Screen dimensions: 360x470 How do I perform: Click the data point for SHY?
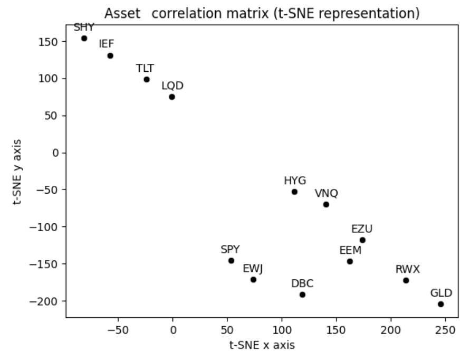click(x=84, y=39)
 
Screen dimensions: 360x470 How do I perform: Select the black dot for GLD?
click(x=440, y=304)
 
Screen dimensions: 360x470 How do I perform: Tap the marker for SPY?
click(x=231, y=261)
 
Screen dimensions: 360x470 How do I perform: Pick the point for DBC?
click(x=302, y=295)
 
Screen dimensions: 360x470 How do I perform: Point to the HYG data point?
click(x=294, y=192)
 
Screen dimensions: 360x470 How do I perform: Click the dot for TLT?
click(x=147, y=80)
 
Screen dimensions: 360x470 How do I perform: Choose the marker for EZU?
click(x=362, y=240)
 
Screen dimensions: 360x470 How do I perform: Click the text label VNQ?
click(x=326, y=193)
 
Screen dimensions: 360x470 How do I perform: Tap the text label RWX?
click(x=408, y=269)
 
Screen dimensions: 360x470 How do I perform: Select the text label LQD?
click(x=172, y=86)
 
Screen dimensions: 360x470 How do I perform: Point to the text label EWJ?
click(x=253, y=268)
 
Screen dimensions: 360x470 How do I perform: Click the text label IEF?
click(x=107, y=44)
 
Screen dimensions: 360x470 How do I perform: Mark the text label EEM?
click(x=350, y=250)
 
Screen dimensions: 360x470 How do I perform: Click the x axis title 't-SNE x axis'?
click(x=262, y=345)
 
